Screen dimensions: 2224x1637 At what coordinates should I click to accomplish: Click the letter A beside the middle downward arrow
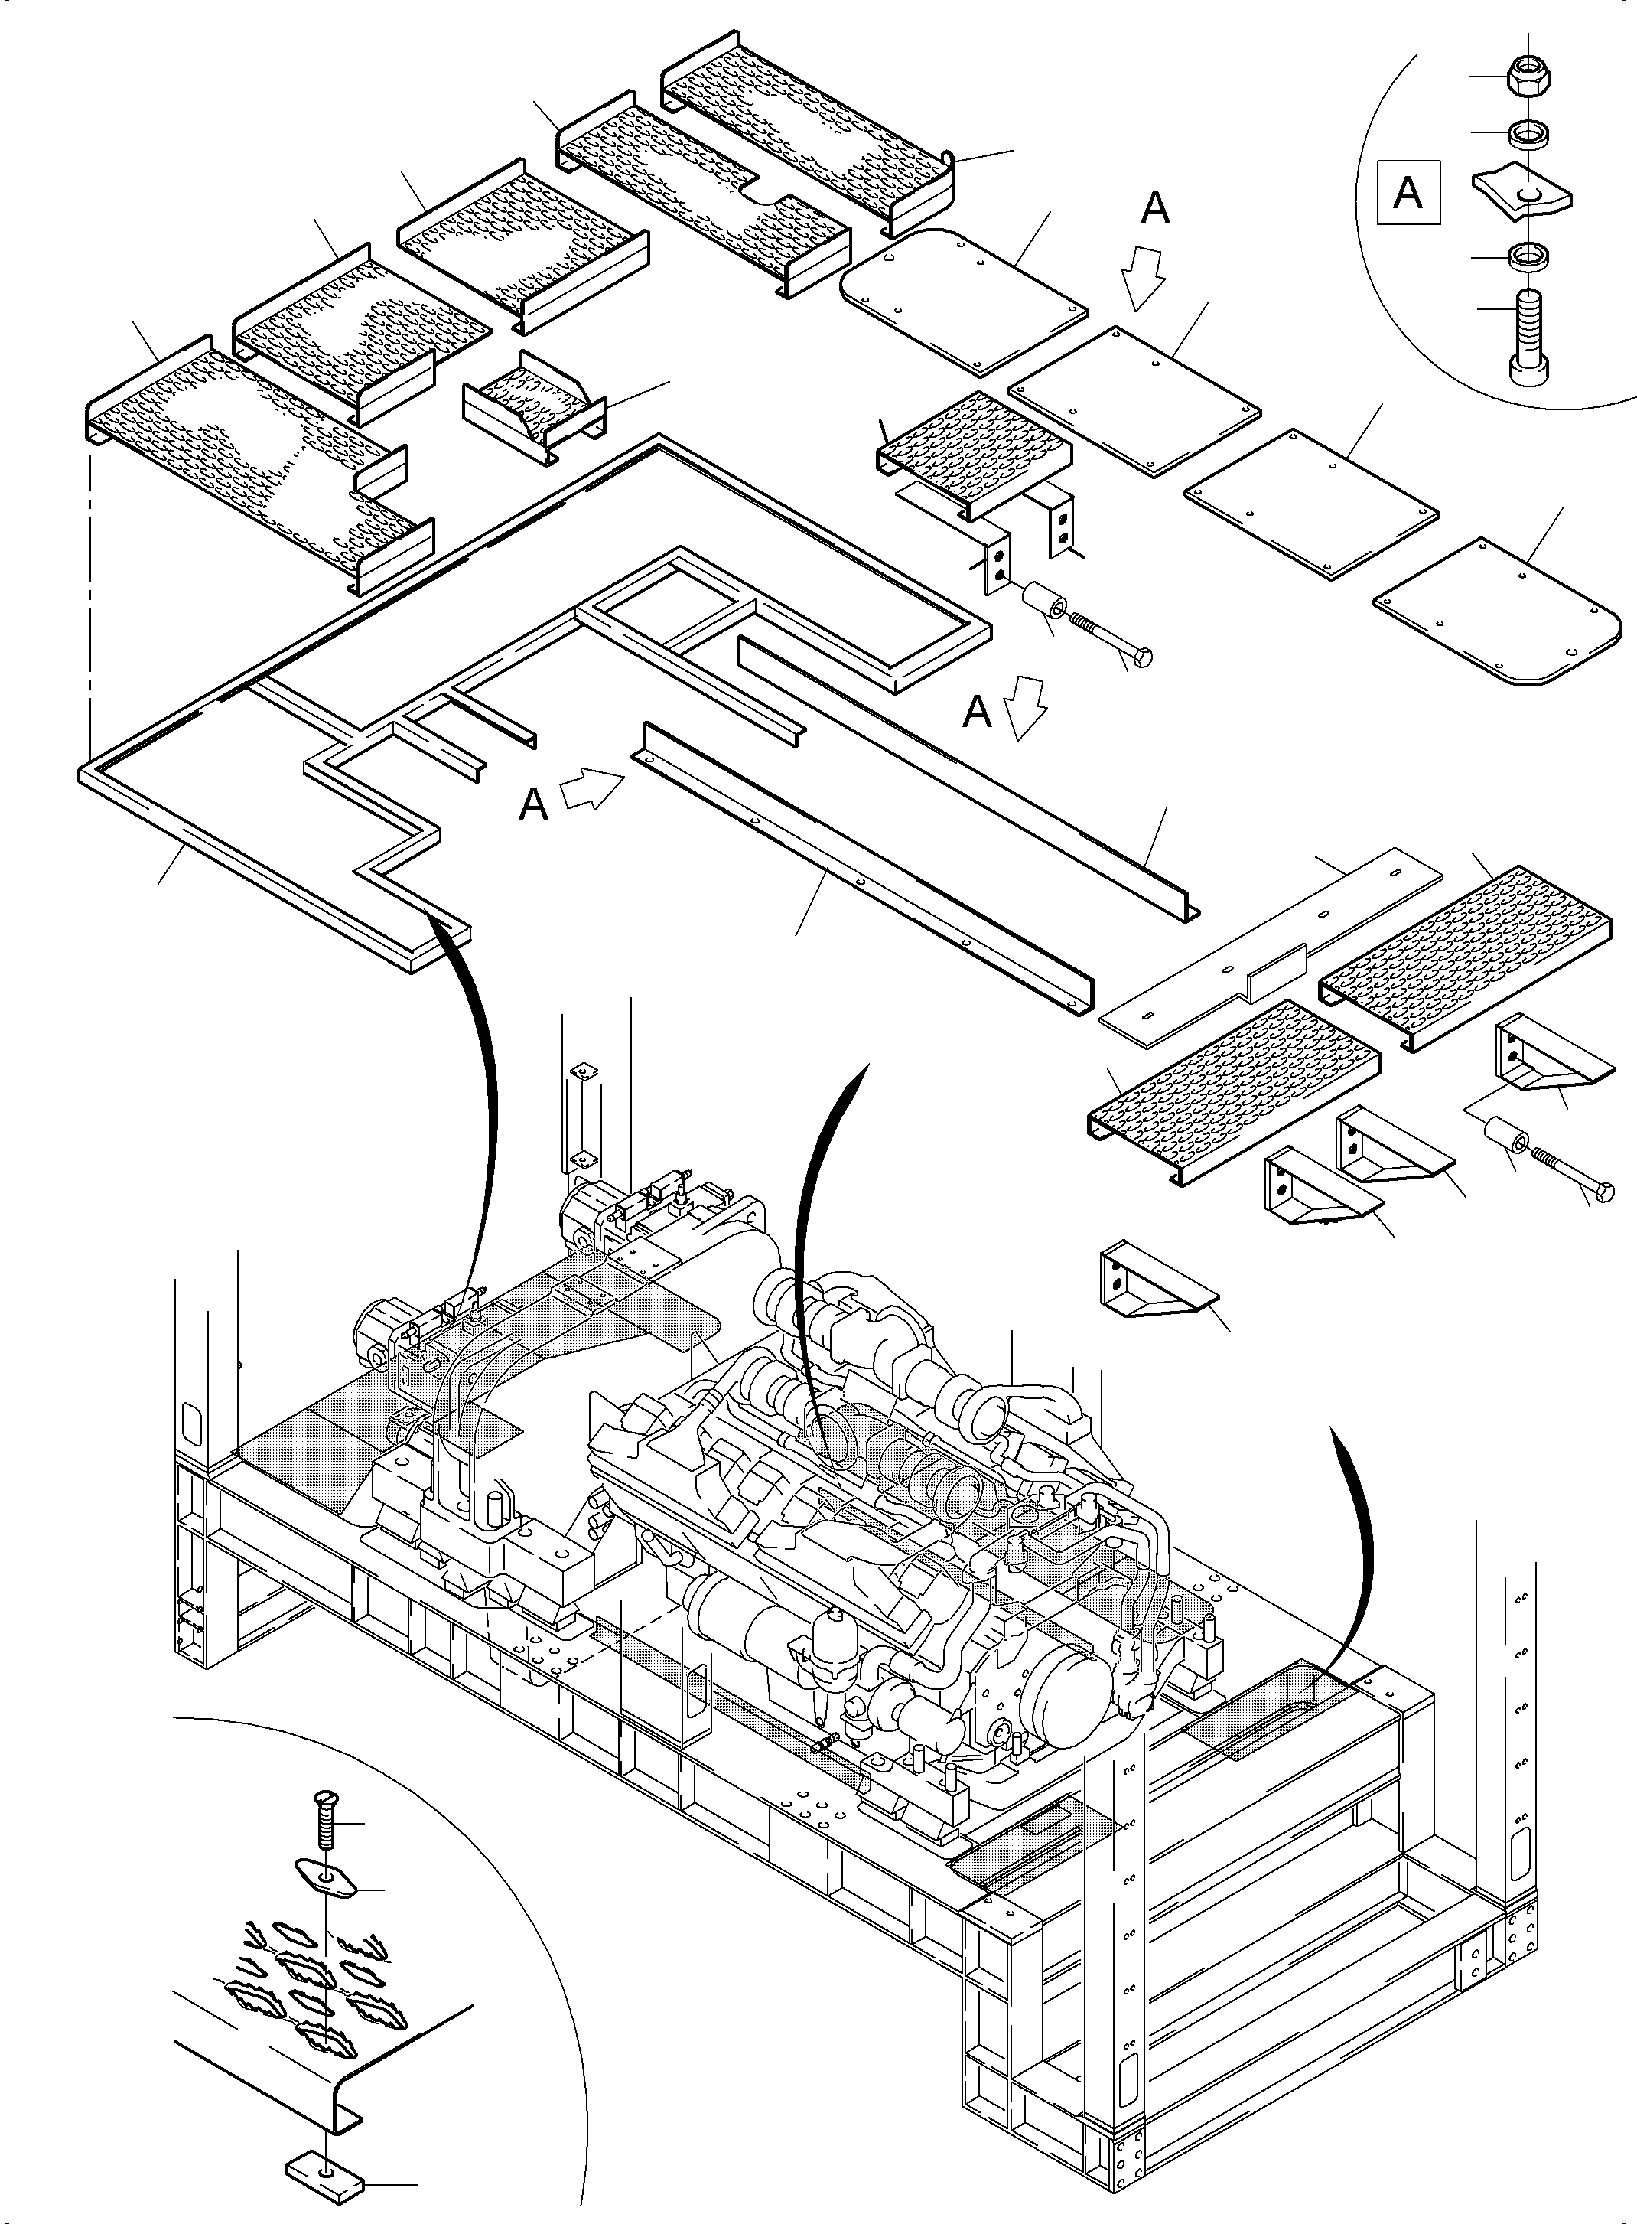pyautogui.click(x=978, y=712)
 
